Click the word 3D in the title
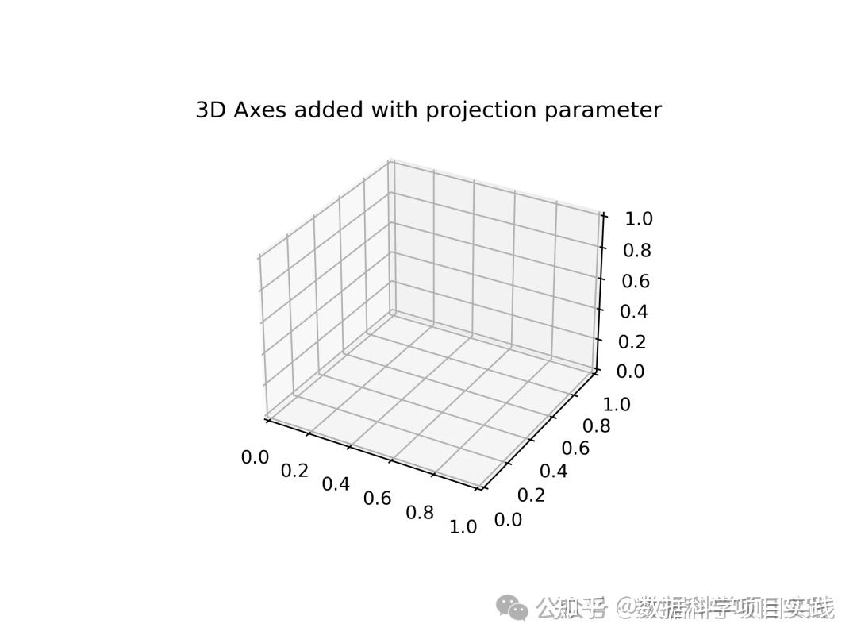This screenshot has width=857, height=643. pyautogui.click(x=210, y=110)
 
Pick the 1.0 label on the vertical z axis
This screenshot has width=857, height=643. pyautogui.click(x=636, y=219)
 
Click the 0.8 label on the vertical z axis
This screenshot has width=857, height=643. pyautogui.click(x=636, y=250)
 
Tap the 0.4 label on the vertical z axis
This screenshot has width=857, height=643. pyautogui.click(x=634, y=311)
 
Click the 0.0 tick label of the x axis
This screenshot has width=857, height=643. pyautogui.click(x=255, y=457)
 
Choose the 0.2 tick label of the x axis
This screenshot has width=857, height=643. pyautogui.click(x=294, y=471)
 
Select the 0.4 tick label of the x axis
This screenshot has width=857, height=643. pyautogui.click(x=336, y=484)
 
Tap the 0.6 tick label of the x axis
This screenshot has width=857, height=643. pyautogui.click(x=377, y=499)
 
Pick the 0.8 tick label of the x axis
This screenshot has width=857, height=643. pyautogui.click(x=420, y=513)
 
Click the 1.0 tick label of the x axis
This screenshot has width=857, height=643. pyautogui.click(x=463, y=527)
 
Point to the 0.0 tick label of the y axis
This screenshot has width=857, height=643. pyautogui.click(x=508, y=520)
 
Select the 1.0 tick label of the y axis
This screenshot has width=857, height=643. pyautogui.click(x=617, y=405)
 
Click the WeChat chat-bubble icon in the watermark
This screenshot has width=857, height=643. pyautogui.click(x=512, y=609)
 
